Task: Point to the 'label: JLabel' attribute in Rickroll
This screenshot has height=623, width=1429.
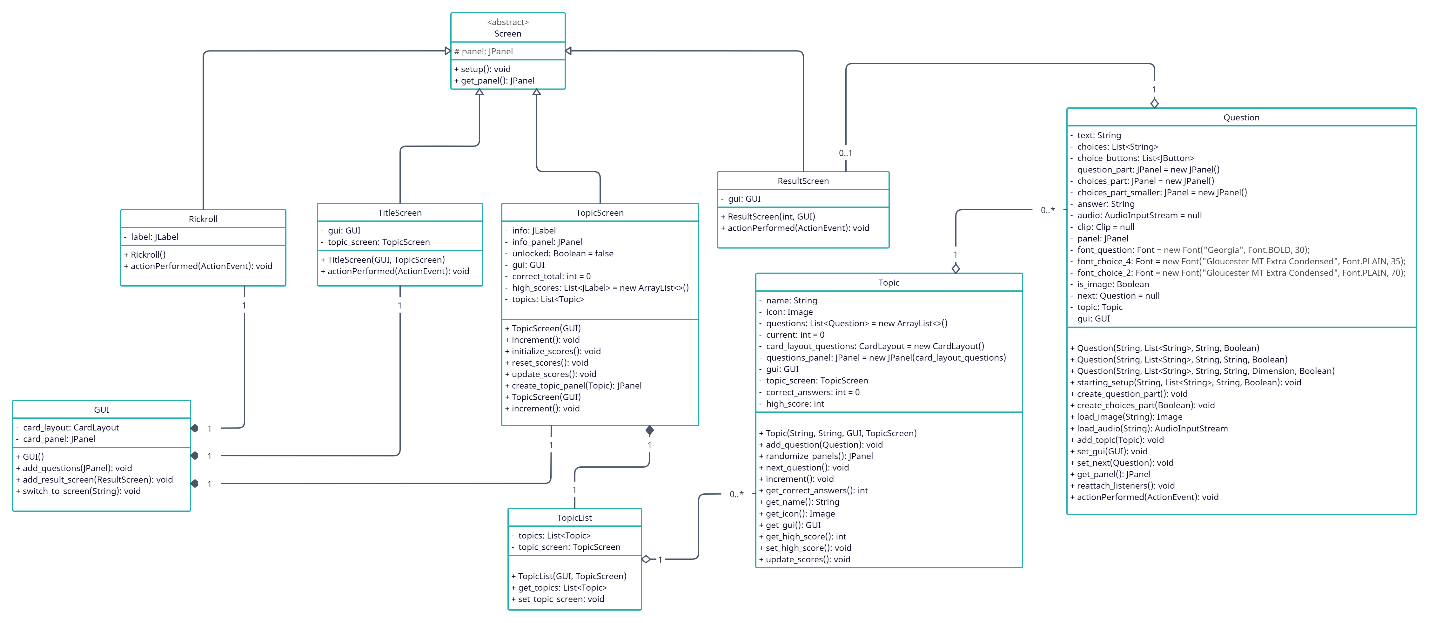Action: tap(154, 237)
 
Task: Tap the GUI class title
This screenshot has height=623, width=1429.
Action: tap(102, 410)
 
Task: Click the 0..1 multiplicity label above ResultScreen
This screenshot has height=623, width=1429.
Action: tap(845, 153)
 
